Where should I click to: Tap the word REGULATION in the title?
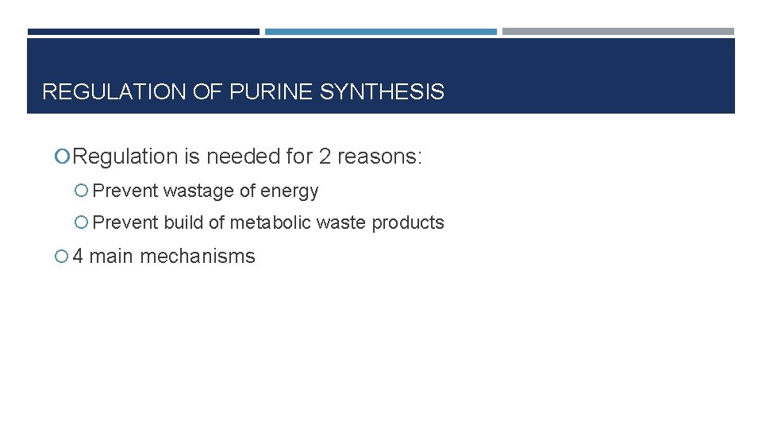114,92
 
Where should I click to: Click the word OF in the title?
207,92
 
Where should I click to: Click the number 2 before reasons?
325,157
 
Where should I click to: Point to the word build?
183,223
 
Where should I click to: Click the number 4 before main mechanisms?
78,257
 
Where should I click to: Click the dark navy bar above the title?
143,32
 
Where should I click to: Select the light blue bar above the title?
380,32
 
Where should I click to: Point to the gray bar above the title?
618,32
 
